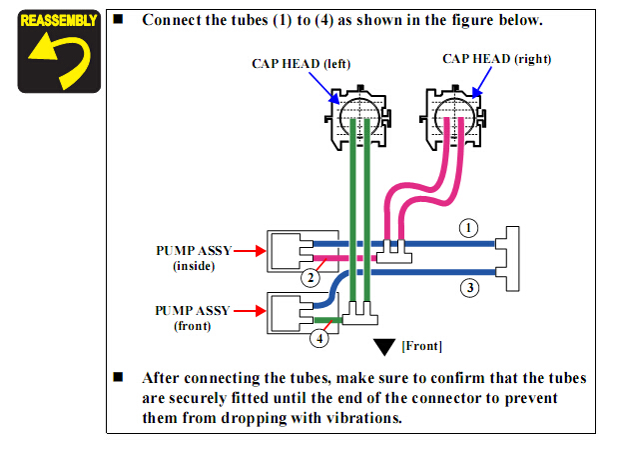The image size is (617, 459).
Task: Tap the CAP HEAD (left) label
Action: point(301,65)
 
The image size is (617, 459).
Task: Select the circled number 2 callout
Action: point(311,276)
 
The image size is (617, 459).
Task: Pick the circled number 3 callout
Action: point(470,288)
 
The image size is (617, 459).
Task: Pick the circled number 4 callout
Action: point(318,338)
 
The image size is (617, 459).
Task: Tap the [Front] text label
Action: point(421,346)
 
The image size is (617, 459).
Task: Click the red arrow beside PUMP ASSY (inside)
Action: point(248,251)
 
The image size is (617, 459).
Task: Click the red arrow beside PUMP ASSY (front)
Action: point(248,311)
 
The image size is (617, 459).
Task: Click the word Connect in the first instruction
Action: point(171,20)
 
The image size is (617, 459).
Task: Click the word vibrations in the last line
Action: point(361,417)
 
